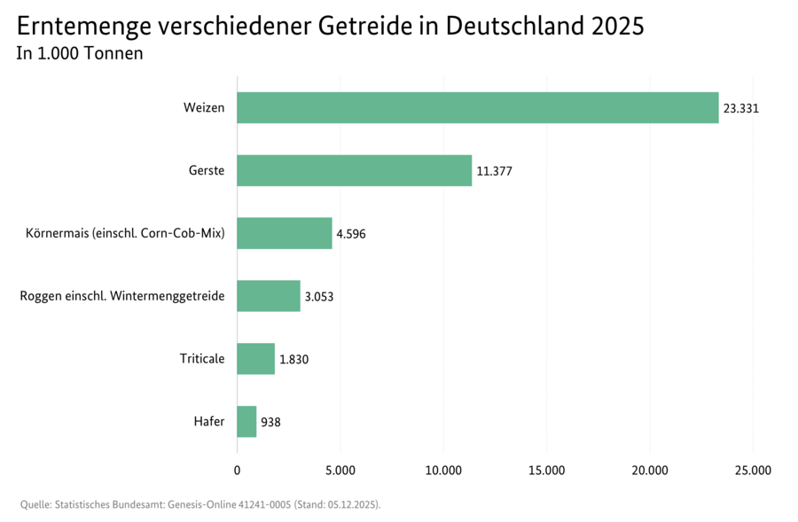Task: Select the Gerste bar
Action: pyautogui.click(x=354, y=171)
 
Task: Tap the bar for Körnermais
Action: pyautogui.click(x=284, y=234)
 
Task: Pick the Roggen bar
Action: pyautogui.click(x=268, y=296)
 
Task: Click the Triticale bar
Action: pyautogui.click(x=255, y=359)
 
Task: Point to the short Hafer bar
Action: pyautogui.click(x=246, y=422)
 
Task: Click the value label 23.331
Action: pyautogui.click(x=741, y=109)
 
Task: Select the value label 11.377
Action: pyautogui.click(x=494, y=172)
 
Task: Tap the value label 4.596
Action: pyautogui.click(x=350, y=235)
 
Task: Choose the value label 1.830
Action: pyautogui.click(x=293, y=360)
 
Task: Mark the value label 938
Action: pyautogui.click(x=270, y=423)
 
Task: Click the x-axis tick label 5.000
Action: pyautogui.click(x=340, y=470)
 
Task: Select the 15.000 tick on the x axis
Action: pyautogui.click(x=546, y=470)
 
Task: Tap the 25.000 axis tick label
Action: pyautogui.click(x=753, y=470)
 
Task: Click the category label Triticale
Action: pyautogui.click(x=202, y=359)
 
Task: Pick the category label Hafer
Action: pyautogui.click(x=209, y=422)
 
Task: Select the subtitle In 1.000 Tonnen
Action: pyautogui.click(x=80, y=54)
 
